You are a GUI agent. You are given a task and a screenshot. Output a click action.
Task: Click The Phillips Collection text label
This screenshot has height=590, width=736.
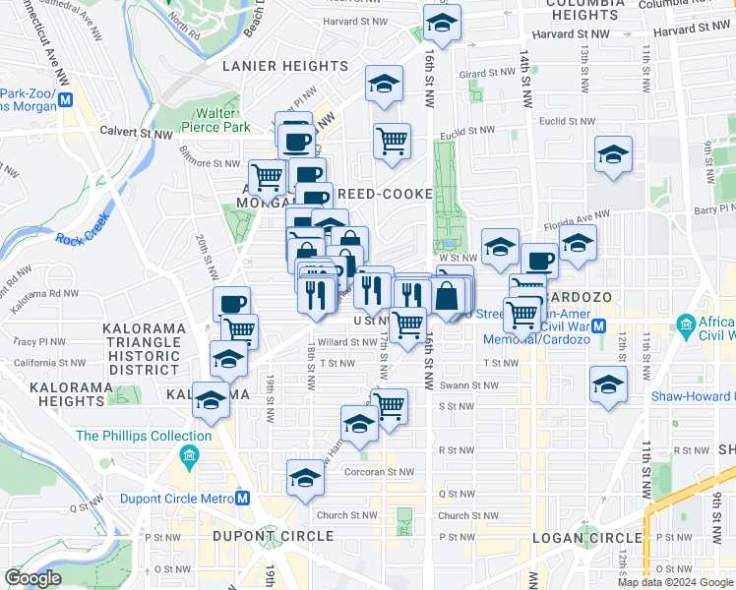[144, 436]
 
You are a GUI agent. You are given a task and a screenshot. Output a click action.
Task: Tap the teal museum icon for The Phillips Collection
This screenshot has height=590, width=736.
[189, 455]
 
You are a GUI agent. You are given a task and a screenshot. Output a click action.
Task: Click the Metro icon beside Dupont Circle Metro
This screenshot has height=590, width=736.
[244, 498]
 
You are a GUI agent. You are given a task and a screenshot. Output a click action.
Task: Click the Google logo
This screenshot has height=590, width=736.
[32, 578]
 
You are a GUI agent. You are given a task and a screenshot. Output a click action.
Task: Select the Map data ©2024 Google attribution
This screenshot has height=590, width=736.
[675, 582]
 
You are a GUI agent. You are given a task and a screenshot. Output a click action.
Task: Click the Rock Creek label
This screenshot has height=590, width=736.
[81, 237]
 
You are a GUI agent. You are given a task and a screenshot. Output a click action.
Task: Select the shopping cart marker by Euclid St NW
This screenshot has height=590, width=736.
[392, 141]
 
